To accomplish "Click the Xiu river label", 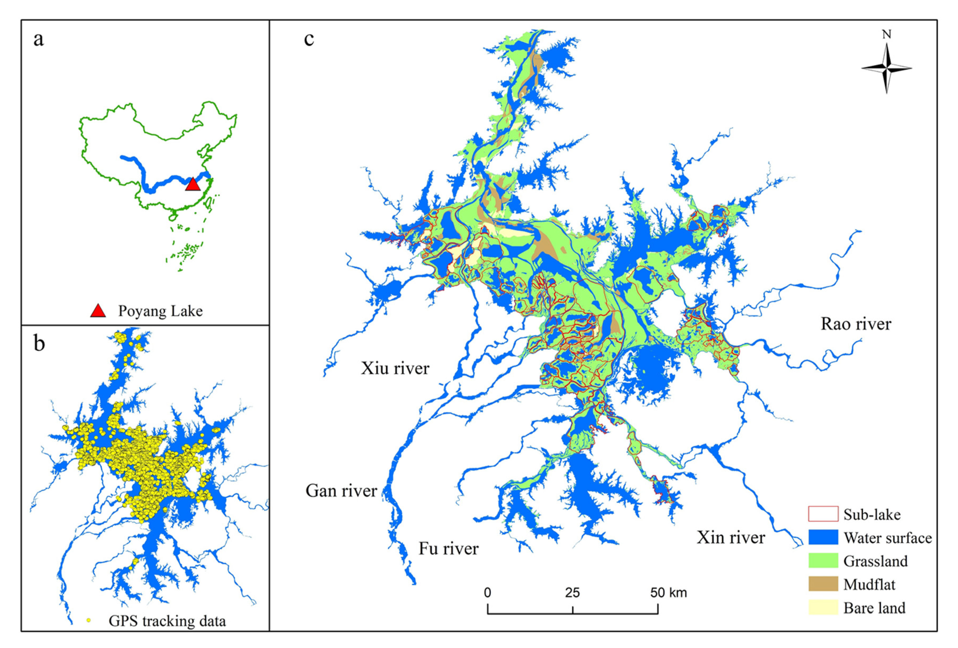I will [395, 368].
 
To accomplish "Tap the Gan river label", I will [341, 491].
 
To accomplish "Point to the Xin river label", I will [731, 537].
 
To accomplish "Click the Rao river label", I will [856, 324].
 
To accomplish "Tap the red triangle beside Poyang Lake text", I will [98, 311].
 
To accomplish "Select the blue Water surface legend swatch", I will [823, 537].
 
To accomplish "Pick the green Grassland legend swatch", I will [823, 561].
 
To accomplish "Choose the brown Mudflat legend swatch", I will [823, 584].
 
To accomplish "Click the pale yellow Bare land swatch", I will [823, 608].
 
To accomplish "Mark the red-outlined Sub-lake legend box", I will [823, 514].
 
